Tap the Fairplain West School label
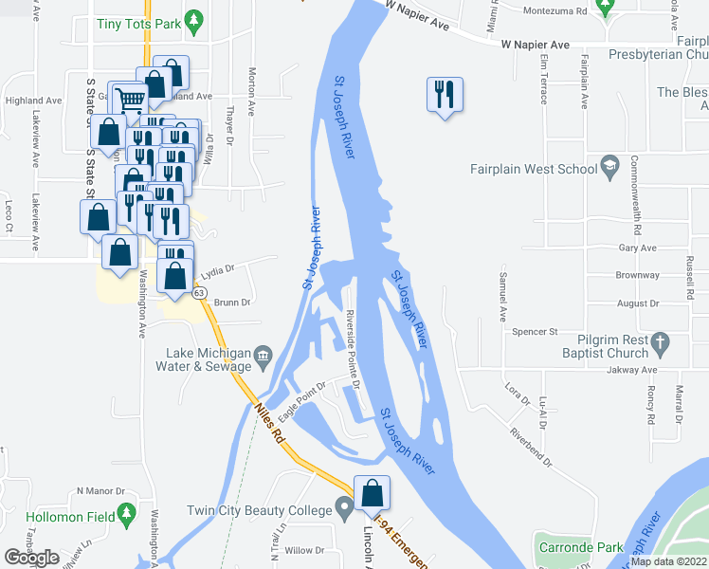pos(535,170)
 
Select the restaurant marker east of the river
pos(444,94)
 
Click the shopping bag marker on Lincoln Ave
pos(373,493)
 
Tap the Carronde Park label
pos(581,547)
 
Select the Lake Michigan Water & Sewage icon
pos(264,356)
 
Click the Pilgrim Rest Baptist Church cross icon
pos(662,341)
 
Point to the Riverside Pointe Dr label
pos(353,350)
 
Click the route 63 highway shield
pos(199,294)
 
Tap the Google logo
pos(30,558)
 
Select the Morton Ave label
pos(252,91)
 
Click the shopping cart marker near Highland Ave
pos(130,98)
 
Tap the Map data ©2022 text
pos(668,561)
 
